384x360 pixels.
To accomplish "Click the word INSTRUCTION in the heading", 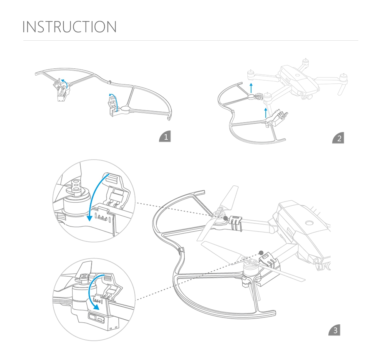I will pyautogui.click(x=70, y=27).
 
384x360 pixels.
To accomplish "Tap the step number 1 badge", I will pyautogui.click(x=165, y=137).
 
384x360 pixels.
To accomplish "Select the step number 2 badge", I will pyautogui.click(x=338, y=138).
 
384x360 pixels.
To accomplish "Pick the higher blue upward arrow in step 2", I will pyautogui.click(x=251, y=86).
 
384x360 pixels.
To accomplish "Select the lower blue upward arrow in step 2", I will pyautogui.click(x=266, y=112).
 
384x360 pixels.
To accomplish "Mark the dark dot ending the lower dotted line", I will pyautogui.click(x=261, y=253).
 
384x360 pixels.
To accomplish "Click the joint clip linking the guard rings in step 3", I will pyautogui.click(x=181, y=251).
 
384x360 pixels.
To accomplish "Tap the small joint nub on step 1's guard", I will pyautogui.click(x=109, y=81).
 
